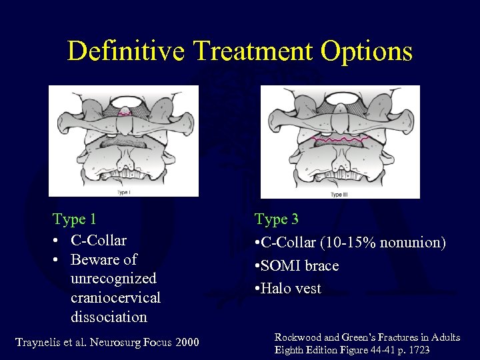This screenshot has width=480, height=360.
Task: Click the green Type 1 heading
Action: (x=75, y=219)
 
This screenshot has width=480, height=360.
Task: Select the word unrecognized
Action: (x=113, y=278)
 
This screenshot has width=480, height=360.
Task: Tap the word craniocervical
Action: (x=115, y=297)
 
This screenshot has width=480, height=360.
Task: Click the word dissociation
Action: (x=109, y=316)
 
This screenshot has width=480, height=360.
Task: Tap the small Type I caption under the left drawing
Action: (x=123, y=193)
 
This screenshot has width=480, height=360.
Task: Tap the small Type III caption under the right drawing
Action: (x=339, y=195)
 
